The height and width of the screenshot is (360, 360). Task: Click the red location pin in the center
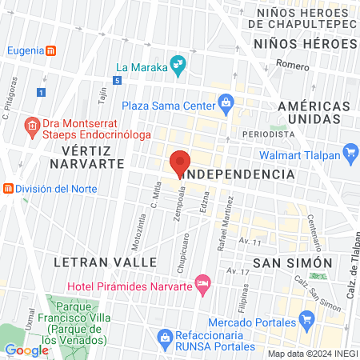coord(180,162)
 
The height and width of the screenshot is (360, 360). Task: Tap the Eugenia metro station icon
coord(50,51)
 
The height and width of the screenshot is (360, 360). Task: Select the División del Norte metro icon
coord(8,189)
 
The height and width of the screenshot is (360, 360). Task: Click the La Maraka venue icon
coord(179,66)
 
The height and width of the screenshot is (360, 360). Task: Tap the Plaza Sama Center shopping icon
coord(226,103)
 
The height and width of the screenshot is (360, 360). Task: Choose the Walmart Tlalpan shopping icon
coord(350,151)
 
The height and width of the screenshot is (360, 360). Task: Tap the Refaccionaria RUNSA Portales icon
coord(165,336)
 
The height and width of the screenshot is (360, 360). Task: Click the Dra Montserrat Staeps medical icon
coord(32,126)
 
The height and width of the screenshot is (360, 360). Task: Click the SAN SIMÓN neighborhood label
coord(292,262)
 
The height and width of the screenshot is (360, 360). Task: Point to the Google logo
coord(26,350)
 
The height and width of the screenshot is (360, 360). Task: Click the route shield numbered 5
coord(118,81)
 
